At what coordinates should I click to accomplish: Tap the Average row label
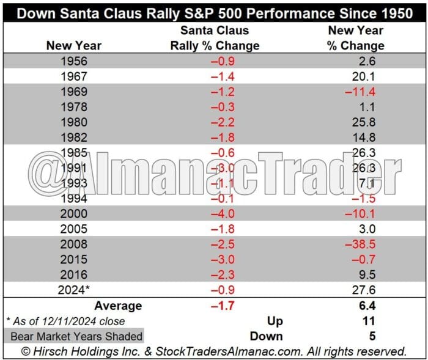pos(118,306)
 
